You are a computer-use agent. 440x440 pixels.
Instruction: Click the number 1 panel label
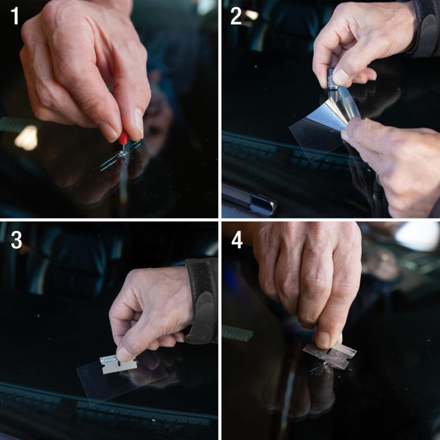(x=15, y=16)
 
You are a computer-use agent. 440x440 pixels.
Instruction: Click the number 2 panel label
(x=236, y=16)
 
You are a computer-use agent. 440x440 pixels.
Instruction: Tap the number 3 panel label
(x=16, y=240)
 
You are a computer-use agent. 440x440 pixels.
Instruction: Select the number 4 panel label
(x=237, y=240)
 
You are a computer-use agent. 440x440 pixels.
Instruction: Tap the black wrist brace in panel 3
(x=202, y=302)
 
